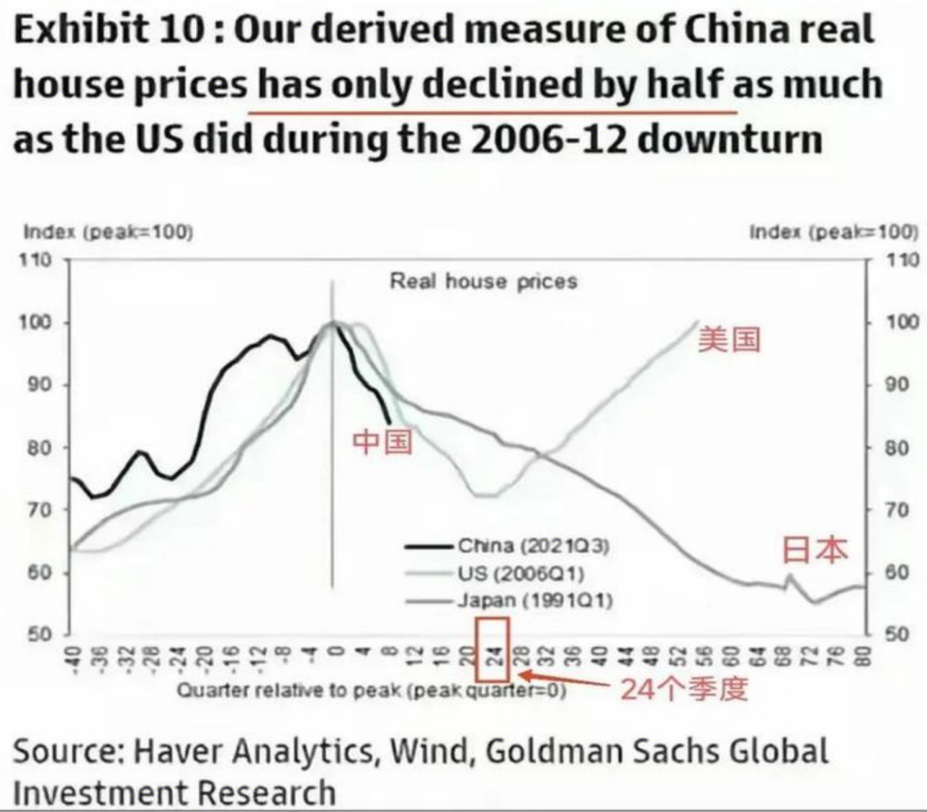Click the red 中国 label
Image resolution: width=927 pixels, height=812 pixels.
pyautogui.click(x=382, y=441)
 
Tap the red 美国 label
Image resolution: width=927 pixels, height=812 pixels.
pyautogui.click(x=728, y=338)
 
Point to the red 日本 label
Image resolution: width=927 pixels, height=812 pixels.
pyautogui.click(x=815, y=550)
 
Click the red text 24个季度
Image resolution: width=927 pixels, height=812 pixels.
pyautogui.click(x=683, y=690)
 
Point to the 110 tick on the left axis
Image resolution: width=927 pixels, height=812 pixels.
pyautogui.click(x=37, y=259)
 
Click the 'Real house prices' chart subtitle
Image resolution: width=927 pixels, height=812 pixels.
pyautogui.click(x=483, y=281)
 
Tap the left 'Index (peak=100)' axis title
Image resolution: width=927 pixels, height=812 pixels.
pyautogui.click(x=109, y=232)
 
